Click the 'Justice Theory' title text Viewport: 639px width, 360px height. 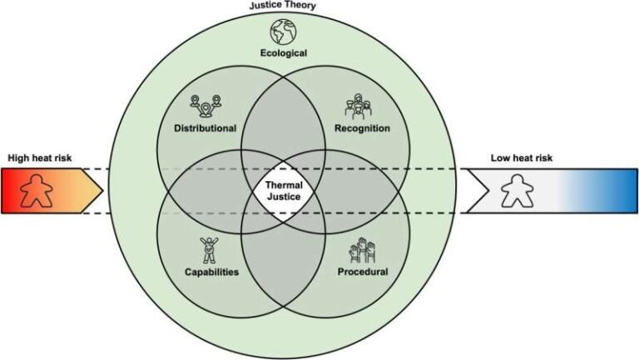click(282, 6)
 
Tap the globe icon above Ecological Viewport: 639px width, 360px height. click(283, 32)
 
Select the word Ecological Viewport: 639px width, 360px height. click(284, 53)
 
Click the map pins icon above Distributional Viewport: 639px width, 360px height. click(206, 106)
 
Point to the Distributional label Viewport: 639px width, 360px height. click(205, 128)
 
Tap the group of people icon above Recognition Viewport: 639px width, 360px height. click(359, 106)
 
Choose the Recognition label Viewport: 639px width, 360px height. click(362, 128)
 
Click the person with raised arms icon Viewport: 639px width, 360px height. click(209, 250)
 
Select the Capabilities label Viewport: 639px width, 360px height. click(211, 272)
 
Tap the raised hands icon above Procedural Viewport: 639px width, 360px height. click(362, 250)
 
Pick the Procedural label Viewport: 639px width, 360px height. click(363, 272)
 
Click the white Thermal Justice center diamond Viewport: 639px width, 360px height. click(284, 191)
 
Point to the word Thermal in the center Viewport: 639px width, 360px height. click(284, 185)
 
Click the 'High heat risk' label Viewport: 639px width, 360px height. click(40, 158)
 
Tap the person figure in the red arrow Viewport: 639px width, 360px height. click(37, 190)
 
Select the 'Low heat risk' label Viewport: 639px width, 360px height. click(522, 158)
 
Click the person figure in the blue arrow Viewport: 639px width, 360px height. click(518, 190)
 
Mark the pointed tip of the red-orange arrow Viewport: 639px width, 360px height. click(103, 190)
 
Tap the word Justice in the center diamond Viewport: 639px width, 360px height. click(284, 197)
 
